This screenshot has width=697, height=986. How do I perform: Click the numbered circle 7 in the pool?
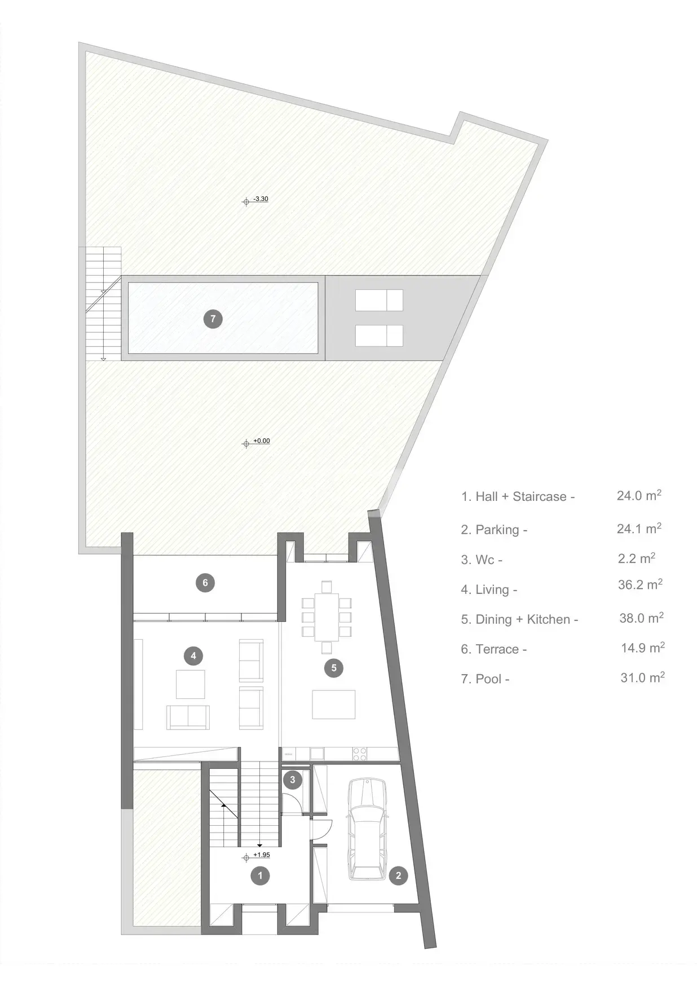click(213, 319)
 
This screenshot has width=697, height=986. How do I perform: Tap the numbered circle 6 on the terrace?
click(205, 583)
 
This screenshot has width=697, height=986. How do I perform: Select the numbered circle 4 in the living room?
click(193, 655)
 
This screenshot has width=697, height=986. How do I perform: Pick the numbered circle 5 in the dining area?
click(334, 668)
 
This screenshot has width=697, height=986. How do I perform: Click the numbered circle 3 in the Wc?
click(292, 781)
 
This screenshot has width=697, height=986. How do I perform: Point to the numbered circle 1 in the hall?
click(260, 876)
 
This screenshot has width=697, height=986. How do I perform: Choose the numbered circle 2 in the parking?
click(399, 876)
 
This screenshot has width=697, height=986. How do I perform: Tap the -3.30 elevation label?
click(261, 199)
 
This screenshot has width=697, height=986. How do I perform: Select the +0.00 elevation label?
click(262, 441)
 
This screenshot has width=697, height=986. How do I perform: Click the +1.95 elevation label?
click(262, 855)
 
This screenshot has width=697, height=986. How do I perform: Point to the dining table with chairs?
click(327, 617)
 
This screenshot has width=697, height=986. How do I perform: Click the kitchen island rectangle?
click(334, 705)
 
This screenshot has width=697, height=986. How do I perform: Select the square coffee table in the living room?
click(191, 684)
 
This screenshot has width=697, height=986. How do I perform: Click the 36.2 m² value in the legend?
click(640, 585)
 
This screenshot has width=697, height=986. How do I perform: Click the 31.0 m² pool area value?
click(642, 677)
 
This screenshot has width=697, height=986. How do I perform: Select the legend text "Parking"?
click(497, 530)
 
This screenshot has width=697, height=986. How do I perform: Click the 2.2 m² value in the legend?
click(637, 558)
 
